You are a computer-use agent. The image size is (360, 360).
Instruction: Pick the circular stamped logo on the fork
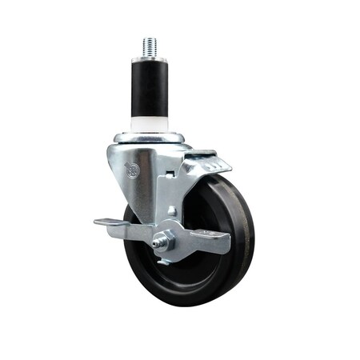(134, 170)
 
